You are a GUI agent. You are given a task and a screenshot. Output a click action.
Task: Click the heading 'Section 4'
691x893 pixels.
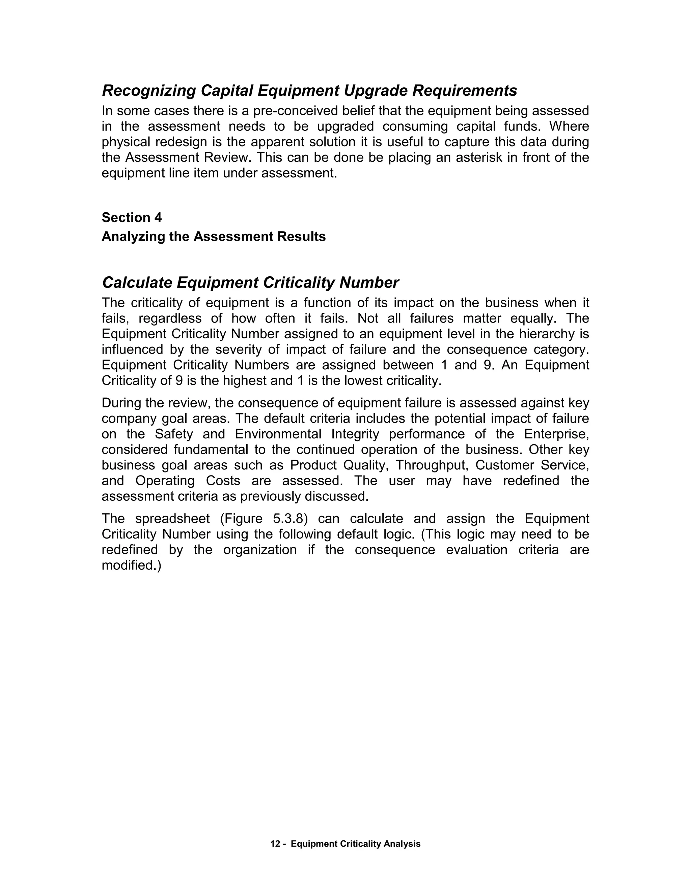click(131, 218)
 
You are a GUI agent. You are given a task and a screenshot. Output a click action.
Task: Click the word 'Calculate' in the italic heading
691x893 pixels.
click(137, 282)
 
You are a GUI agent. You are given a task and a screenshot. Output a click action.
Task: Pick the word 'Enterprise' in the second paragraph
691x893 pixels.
click(557, 434)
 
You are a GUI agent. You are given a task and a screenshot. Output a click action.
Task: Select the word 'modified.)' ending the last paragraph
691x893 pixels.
click(131, 565)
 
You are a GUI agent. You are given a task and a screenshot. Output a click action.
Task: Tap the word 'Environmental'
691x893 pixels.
click(278, 434)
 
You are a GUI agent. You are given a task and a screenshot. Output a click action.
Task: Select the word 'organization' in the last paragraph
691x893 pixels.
click(259, 550)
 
